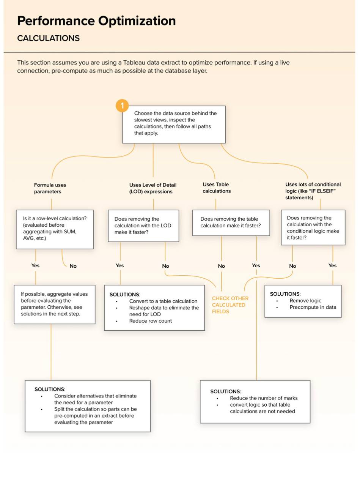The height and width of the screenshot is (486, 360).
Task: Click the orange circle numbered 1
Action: pyautogui.click(x=122, y=106)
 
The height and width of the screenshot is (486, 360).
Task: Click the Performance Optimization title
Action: pyautogui.click(x=96, y=21)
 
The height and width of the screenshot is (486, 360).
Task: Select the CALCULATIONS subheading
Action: pyautogui.click(x=48, y=38)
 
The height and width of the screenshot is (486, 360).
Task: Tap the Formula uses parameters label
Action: pyautogui.click(x=50, y=188)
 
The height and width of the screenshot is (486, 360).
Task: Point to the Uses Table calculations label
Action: pyautogui.click(x=217, y=188)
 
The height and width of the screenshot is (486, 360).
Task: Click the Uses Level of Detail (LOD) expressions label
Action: pyautogui.click(x=152, y=188)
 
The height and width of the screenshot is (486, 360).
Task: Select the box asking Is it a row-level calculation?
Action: pyautogui.click(x=55, y=229)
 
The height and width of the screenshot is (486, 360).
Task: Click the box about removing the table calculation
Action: pyautogui.click(x=231, y=222)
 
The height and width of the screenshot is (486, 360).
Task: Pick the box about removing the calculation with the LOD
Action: pyautogui.click(x=143, y=226)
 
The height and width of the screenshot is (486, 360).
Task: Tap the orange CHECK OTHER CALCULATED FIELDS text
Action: pyautogui.click(x=230, y=305)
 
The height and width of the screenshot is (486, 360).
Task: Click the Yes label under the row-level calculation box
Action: pyautogui.click(x=35, y=265)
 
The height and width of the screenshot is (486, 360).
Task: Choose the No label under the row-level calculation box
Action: pyautogui.click(x=73, y=266)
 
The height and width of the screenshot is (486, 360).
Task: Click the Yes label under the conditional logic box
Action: pyautogui.click(x=332, y=265)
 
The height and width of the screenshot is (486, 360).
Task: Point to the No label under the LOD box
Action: pyautogui.click(x=165, y=266)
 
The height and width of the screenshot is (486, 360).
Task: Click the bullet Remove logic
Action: pyautogui.click(x=305, y=300)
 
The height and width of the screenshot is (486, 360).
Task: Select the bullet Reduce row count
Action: pyautogui.click(x=151, y=321)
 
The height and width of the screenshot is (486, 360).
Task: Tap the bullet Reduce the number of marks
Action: pyautogui.click(x=264, y=398)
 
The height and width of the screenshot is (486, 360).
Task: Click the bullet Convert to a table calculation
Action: pyautogui.click(x=163, y=301)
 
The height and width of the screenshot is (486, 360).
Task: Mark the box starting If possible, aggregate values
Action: pyautogui.click(x=55, y=305)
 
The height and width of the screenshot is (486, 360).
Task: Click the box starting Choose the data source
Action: pyautogui.click(x=174, y=125)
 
